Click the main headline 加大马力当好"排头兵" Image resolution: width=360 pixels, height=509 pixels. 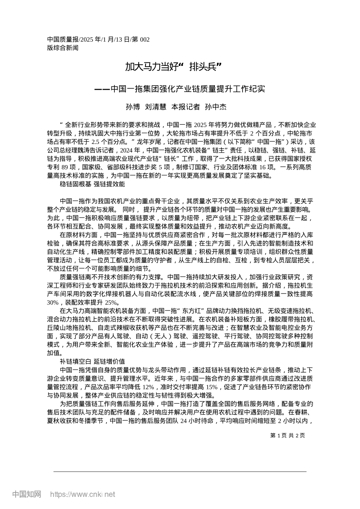(173, 67)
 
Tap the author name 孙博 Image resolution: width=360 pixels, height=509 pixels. (132, 107)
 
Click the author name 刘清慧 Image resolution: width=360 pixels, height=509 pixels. (156, 107)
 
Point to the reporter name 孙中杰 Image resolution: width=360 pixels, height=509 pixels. (215, 107)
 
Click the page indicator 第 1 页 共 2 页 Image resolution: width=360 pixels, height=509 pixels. (288, 435)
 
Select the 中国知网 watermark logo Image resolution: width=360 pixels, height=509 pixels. (27, 494)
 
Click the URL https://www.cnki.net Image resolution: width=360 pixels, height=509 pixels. (83, 494)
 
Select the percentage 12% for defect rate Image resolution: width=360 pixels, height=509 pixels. (149, 387)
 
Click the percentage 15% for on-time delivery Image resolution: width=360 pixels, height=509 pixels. (212, 387)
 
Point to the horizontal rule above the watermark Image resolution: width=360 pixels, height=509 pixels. (180, 472)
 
